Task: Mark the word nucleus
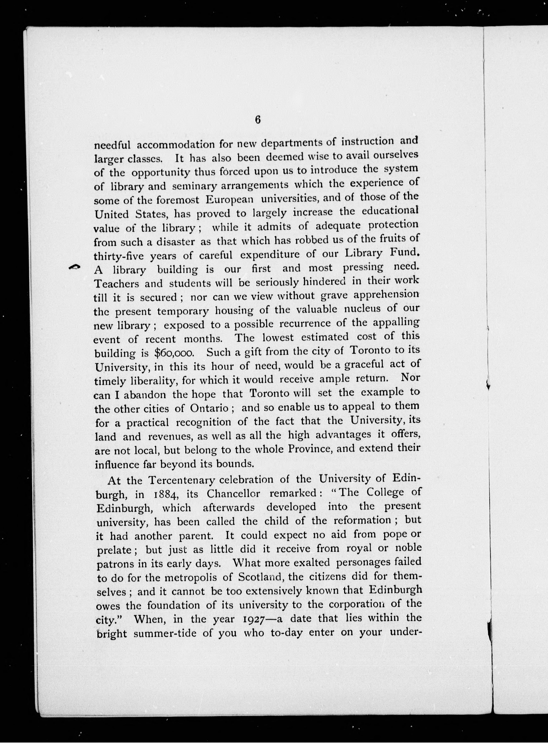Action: [x=363, y=309]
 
